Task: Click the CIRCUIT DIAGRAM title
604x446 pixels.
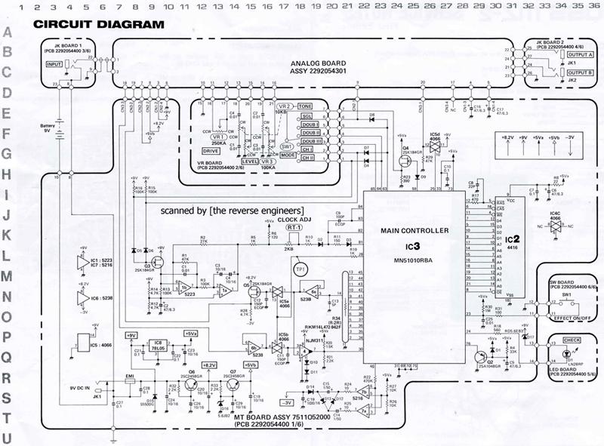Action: point(98,24)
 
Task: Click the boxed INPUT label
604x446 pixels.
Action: point(54,65)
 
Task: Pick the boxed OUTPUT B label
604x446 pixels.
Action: point(581,73)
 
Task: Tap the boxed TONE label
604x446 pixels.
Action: point(306,106)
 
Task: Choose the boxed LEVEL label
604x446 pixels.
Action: point(250,161)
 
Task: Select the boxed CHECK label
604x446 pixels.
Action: point(572,340)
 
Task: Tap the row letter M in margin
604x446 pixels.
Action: point(7,275)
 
